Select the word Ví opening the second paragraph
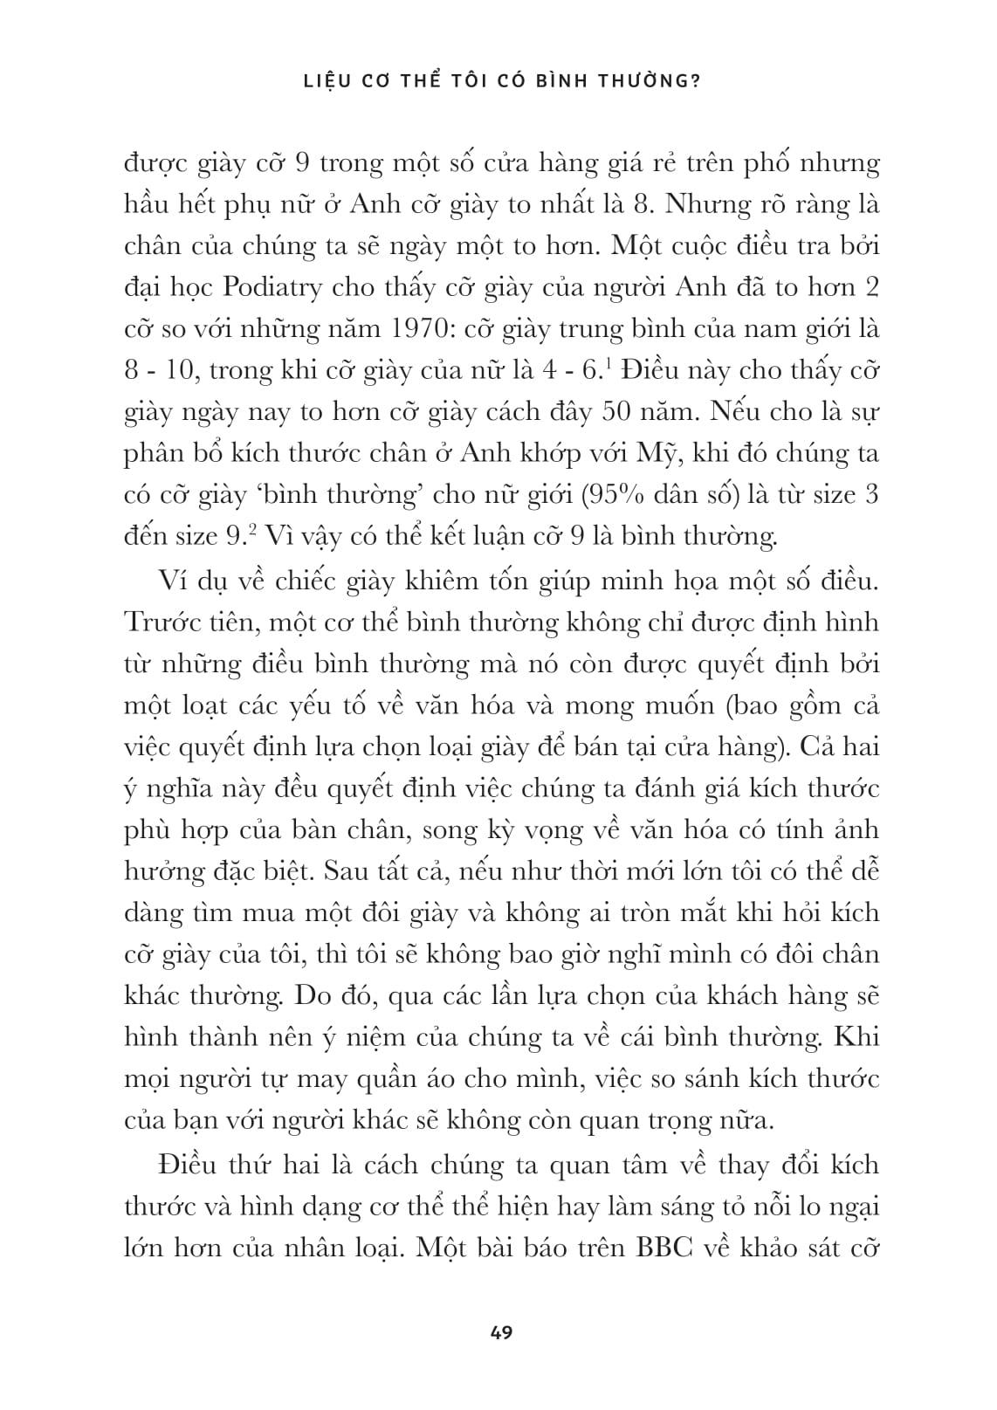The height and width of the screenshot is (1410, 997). [x=174, y=581]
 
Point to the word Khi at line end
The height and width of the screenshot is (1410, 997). [x=856, y=1038]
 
